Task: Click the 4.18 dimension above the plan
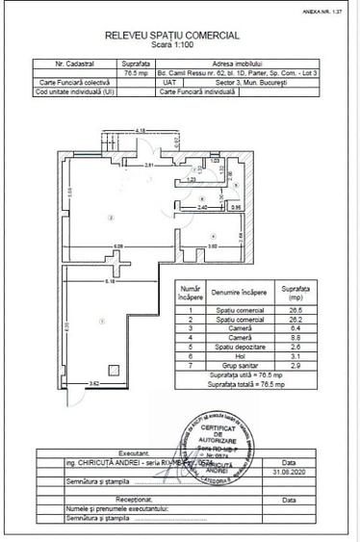[x=141, y=129]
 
